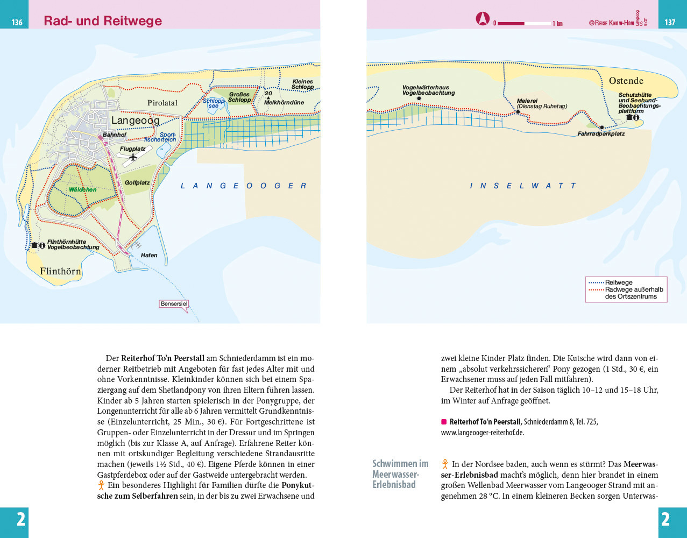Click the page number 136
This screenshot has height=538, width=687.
(x=17, y=22)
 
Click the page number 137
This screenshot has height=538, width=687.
(x=670, y=22)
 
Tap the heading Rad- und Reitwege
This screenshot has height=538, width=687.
(x=103, y=21)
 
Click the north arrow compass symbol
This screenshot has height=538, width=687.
(x=483, y=19)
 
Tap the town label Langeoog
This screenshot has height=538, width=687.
(x=135, y=121)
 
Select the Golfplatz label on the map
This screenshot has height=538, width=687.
(x=137, y=183)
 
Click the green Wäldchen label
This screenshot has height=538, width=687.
(x=83, y=189)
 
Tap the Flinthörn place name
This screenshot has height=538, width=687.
(x=60, y=271)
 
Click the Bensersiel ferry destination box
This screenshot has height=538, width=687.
(x=174, y=304)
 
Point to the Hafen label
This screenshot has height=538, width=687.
(x=149, y=256)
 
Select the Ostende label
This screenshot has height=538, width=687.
(x=626, y=81)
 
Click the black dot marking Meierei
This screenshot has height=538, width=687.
(x=518, y=112)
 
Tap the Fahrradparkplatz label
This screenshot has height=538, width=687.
(x=601, y=134)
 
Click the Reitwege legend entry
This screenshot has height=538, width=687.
(x=619, y=282)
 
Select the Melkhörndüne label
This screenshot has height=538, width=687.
(x=284, y=102)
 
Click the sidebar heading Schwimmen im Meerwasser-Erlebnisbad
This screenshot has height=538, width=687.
(x=400, y=473)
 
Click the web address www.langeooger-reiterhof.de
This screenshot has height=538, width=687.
(x=482, y=432)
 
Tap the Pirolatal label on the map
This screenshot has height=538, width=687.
(x=162, y=103)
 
